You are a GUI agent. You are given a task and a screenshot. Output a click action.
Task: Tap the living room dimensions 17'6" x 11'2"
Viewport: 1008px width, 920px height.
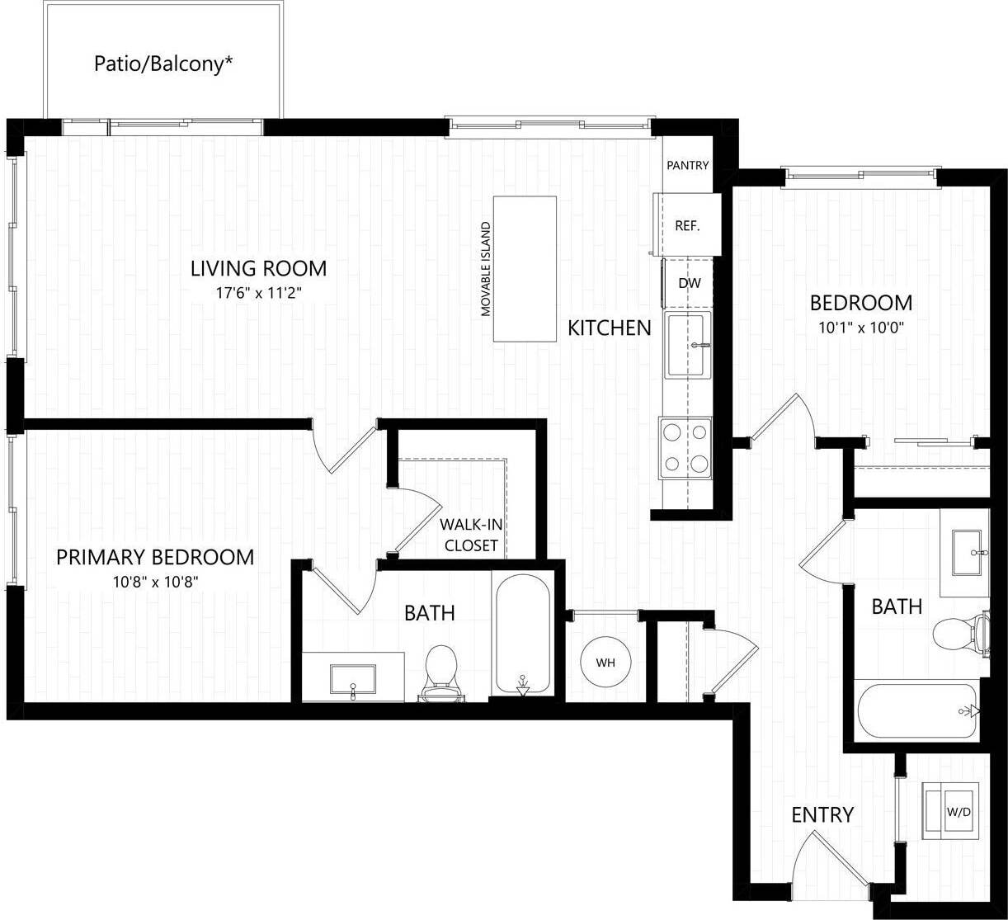pyautogui.click(x=258, y=292)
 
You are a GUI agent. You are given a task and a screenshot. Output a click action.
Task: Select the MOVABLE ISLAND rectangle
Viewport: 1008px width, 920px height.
pyautogui.click(x=525, y=268)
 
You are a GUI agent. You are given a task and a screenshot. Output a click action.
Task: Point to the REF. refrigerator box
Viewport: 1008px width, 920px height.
pyautogui.click(x=688, y=225)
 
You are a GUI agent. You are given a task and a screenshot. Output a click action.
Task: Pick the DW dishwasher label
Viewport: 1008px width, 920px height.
pyautogui.click(x=689, y=283)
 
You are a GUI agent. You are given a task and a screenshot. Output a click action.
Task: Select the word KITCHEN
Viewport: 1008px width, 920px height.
pyautogui.click(x=609, y=328)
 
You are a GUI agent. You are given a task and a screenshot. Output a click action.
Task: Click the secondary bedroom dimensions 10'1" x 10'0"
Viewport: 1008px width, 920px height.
pyautogui.click(x=861, y=327)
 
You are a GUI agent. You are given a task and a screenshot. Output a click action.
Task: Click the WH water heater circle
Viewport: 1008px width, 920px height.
pyautogui.click(x=606, y=663)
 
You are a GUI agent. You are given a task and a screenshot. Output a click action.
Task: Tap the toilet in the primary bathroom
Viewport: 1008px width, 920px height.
pyautogui.click(x=441, y=669)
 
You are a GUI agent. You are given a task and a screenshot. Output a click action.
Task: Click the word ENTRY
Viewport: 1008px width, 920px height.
pyautogui.click(x=822, y=814)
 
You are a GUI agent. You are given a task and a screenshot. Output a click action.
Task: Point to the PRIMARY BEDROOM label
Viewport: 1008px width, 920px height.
pyautogui.click(x=155, y=557)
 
